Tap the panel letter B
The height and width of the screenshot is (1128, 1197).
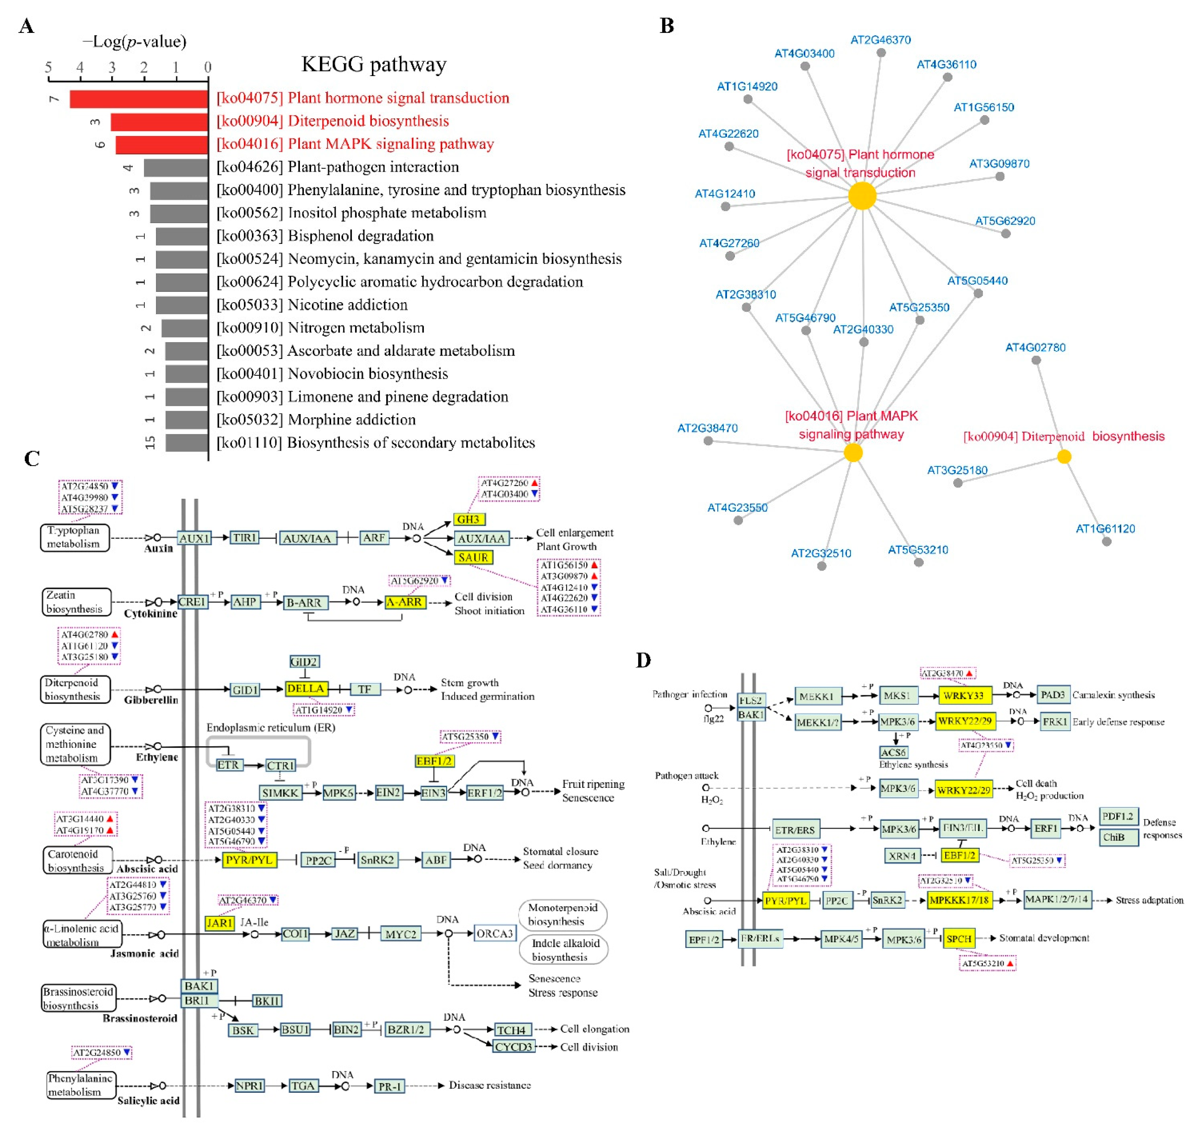[667, 26]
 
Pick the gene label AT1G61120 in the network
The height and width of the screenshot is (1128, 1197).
[1105, 529]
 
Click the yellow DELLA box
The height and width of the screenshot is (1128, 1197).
[306, 688]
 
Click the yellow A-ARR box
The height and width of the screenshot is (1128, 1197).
[404, 602]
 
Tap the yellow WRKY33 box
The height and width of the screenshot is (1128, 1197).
[963, 695]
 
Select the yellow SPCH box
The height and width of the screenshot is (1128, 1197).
[958, 938]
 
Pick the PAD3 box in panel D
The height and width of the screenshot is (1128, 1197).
[1052, 695]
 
